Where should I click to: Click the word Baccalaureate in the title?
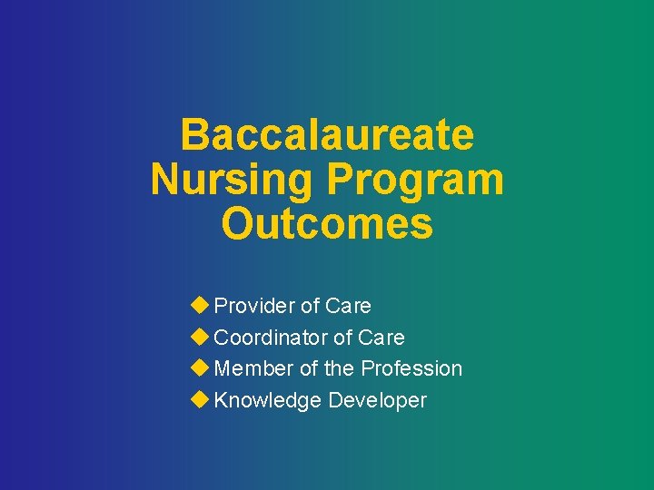click(x=327, y=135)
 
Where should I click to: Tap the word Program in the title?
click(x=416, y=180)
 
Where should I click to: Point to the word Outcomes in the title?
click(x=327, y=224)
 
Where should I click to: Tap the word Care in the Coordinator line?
click(x=381, y=338)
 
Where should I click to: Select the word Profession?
click(x=411, y=368)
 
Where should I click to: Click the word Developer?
click(x=378, y=400)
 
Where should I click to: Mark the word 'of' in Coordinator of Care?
click(x=342, y=338)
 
